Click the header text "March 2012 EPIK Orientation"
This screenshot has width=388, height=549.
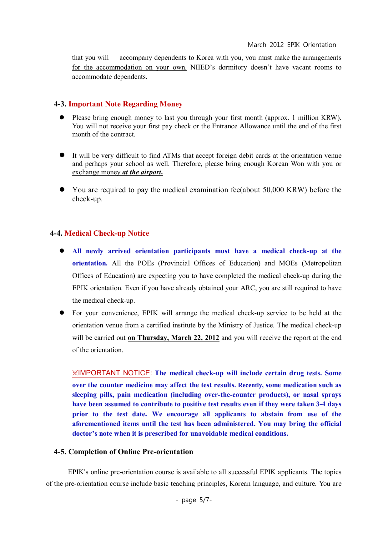[292, 45]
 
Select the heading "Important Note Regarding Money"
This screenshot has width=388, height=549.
[125, 104]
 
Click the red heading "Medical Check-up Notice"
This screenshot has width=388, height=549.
[107, 233]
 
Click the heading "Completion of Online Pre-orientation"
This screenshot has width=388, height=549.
[131, 452]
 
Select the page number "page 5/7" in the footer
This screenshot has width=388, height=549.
[194, 500]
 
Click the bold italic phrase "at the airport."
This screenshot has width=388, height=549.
[143, 172]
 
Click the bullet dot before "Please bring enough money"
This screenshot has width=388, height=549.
[62, 117]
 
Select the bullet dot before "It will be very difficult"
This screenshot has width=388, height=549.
[62, 155]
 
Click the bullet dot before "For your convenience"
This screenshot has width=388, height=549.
[62, 312]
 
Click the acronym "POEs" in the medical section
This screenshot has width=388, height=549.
[146, 263]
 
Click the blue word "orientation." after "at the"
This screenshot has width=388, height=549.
[90, 263]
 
